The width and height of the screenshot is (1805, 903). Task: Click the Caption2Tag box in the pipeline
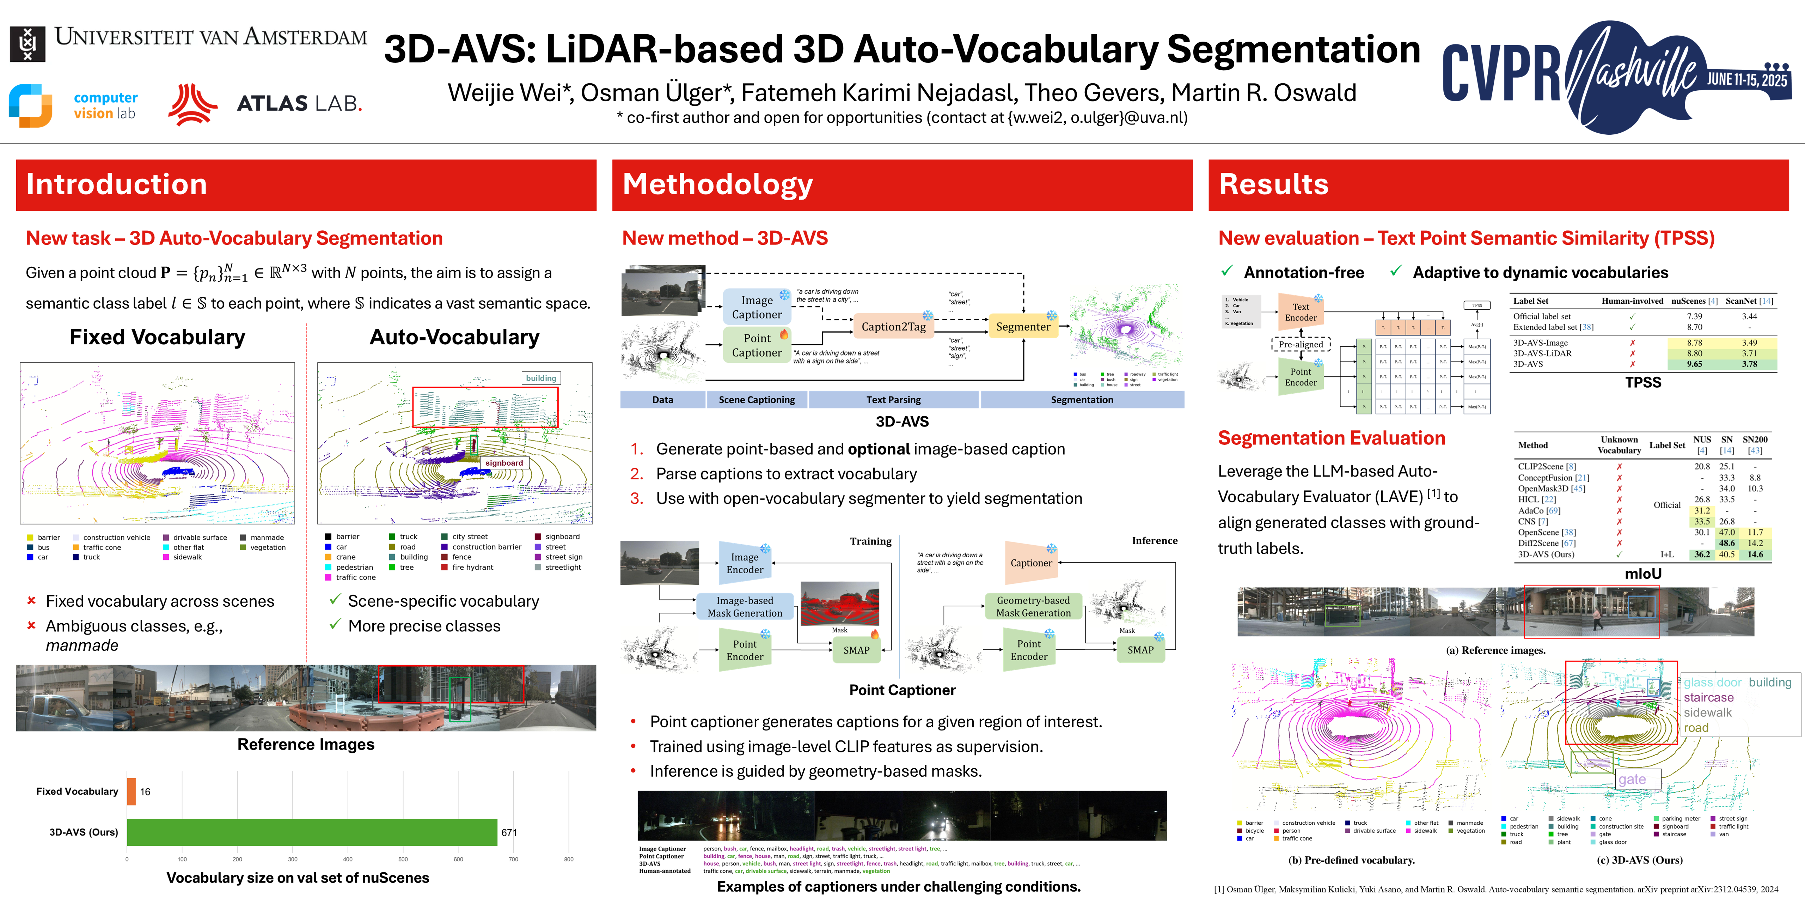click(x=893, y=327)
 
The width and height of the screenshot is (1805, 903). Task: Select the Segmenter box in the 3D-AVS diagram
click(x=1023, y=327)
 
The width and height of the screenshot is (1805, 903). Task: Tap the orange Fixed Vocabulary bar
click(x=131, y=792)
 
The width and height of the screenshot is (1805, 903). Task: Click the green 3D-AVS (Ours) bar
click(x=312, y=832)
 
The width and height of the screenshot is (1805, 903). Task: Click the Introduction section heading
click(x=116, y=184)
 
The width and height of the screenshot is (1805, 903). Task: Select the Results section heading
click(x=1273, y=184)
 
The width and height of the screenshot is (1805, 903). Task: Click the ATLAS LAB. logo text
click(x=299, y=104)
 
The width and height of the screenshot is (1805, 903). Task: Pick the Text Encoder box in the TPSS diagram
click(x=1301, y=312)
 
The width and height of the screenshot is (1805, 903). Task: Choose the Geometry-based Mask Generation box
click(x=1034, y=606)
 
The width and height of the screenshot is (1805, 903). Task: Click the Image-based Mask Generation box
click(x=745, y=606)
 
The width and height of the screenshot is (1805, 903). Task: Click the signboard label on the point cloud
click(x=504, y=463)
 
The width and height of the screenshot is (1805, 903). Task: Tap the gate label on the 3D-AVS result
click(x=1632, y=780)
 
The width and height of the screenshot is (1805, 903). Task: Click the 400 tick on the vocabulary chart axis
click(x=348, y=859)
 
